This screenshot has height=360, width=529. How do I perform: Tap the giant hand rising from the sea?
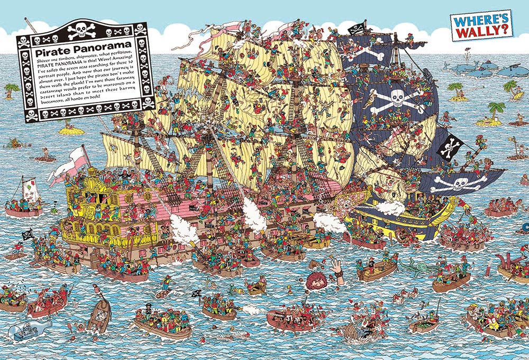tap(337, 266)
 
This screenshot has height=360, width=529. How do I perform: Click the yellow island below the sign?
tap(71, 128)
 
